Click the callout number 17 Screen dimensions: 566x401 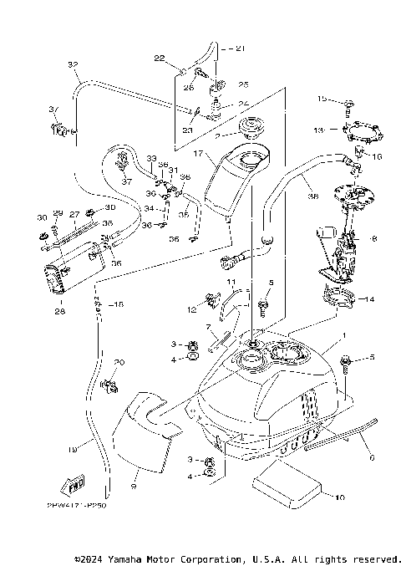197,154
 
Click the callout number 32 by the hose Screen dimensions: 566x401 72,64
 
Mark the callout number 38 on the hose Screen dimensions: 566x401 313,198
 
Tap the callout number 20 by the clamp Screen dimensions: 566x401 119,362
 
